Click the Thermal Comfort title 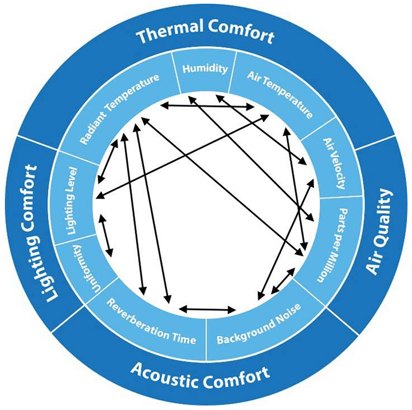click(x=205, y=35)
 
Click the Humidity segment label click(x=205, y=69)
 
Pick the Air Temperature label click(x=281, y=94)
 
